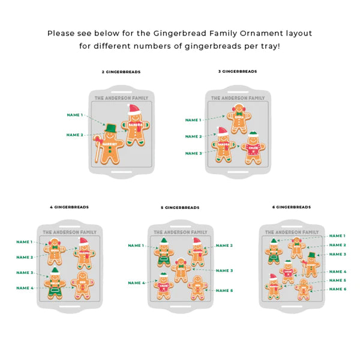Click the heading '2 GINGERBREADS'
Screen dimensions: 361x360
[121, 72]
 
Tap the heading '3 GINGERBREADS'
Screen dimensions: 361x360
[237, 71]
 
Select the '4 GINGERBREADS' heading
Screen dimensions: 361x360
[69, 207]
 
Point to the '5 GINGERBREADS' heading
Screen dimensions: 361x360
[180, 207]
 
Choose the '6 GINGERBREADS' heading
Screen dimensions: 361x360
[292, 207]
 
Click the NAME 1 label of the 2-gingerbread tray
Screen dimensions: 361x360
[75, 115]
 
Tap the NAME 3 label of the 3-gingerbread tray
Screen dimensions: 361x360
[193, 153]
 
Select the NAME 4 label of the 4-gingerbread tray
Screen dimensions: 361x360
[25, 288]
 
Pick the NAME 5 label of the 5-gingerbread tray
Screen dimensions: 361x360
[224, 291]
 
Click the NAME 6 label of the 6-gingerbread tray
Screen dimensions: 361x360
[337, 289]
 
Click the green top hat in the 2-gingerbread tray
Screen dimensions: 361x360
[111, 128]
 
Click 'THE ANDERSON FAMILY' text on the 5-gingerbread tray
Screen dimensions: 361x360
[181, 232]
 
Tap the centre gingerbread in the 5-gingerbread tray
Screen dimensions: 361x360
[180, 270]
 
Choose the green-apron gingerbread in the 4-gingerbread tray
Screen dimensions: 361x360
[55, 284]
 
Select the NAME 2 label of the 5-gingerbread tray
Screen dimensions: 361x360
[224, 246]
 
